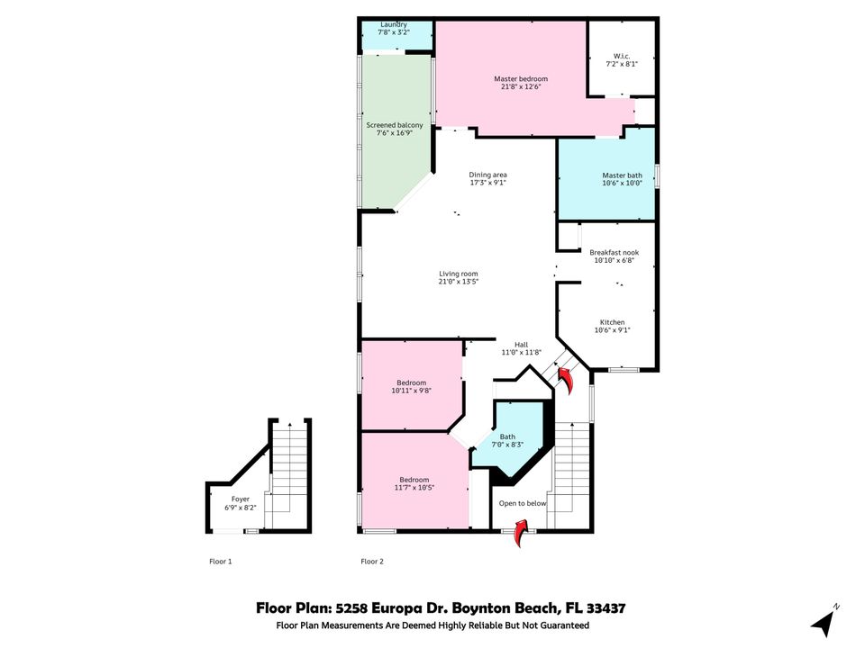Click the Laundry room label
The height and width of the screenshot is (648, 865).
(x=394, y=24)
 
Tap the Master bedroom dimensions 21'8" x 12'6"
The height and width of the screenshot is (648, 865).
(x=521, y=87)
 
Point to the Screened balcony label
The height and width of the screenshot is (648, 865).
(x=395, y=125)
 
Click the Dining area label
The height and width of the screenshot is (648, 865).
(x=488, y=175)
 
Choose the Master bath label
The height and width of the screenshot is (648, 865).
(x=622, y=175)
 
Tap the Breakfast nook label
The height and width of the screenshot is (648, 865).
(x=614, y=253)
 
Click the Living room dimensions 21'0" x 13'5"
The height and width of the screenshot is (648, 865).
(x=459, y=282)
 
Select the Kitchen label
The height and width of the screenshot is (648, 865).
(x=613, y=322)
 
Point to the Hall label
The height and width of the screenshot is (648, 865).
(x=521, y=344)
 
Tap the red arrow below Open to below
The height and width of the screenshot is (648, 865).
(x=521, y=534)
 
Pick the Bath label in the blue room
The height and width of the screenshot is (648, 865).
(x=508, y=436)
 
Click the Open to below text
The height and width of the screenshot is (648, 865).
(x=523, y=503)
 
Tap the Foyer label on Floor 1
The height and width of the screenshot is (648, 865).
(x=241, y=499)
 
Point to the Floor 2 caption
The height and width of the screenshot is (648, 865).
(x=372, y=562)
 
